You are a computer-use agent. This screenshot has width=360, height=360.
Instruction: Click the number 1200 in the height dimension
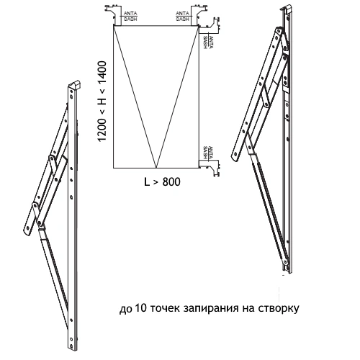(102, 129)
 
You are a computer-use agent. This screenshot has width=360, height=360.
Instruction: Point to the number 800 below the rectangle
(171, 182)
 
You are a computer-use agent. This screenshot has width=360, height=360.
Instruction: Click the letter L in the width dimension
(147, 182)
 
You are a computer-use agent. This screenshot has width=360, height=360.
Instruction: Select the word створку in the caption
(279, 308)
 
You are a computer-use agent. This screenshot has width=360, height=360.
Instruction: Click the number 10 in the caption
(140, 307)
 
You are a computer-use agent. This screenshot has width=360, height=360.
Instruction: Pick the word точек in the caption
(165, 308)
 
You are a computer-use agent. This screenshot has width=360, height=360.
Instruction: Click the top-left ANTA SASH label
(130, 16)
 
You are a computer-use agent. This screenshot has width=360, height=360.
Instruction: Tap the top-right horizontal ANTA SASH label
(183, 16)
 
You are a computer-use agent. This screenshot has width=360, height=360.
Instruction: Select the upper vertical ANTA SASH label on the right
(208, 42)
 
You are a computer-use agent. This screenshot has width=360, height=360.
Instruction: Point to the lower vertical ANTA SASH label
(208, 153)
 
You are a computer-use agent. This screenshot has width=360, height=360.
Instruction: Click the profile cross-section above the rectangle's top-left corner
(113, 14)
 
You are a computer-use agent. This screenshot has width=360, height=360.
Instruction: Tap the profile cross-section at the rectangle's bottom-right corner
(210, 168)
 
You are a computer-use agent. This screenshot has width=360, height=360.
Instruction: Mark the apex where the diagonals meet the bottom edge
(156, 168)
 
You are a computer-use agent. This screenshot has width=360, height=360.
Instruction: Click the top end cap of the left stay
(74, 84)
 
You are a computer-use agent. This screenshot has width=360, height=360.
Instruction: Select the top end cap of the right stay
(287, 9)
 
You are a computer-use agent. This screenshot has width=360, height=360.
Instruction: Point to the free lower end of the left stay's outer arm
(27, 230)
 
